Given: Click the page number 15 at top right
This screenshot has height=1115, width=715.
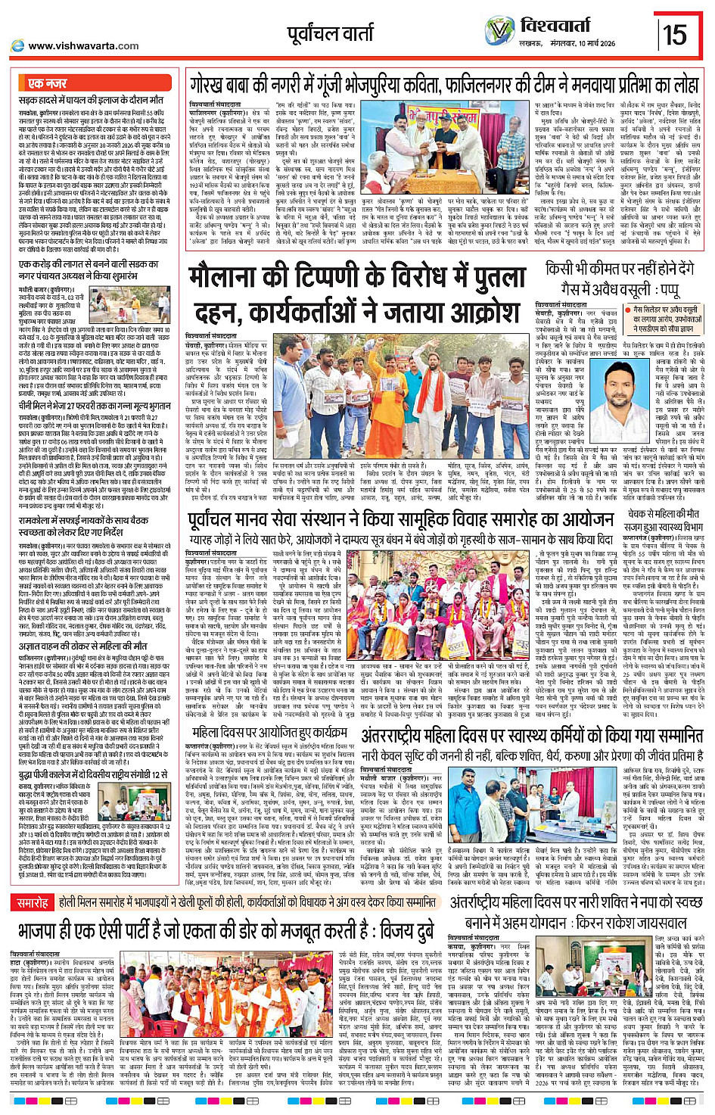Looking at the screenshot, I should (x=675, y=34).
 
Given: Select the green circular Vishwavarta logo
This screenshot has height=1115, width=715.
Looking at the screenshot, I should (x=500, y=31).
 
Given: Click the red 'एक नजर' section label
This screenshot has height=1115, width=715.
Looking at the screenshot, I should (x=48, y=83).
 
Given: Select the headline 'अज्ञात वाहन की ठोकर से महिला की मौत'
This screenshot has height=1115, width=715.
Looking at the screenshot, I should (x=83, y=646).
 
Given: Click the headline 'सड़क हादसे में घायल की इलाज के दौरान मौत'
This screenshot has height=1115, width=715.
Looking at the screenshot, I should (x=91, y=100).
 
